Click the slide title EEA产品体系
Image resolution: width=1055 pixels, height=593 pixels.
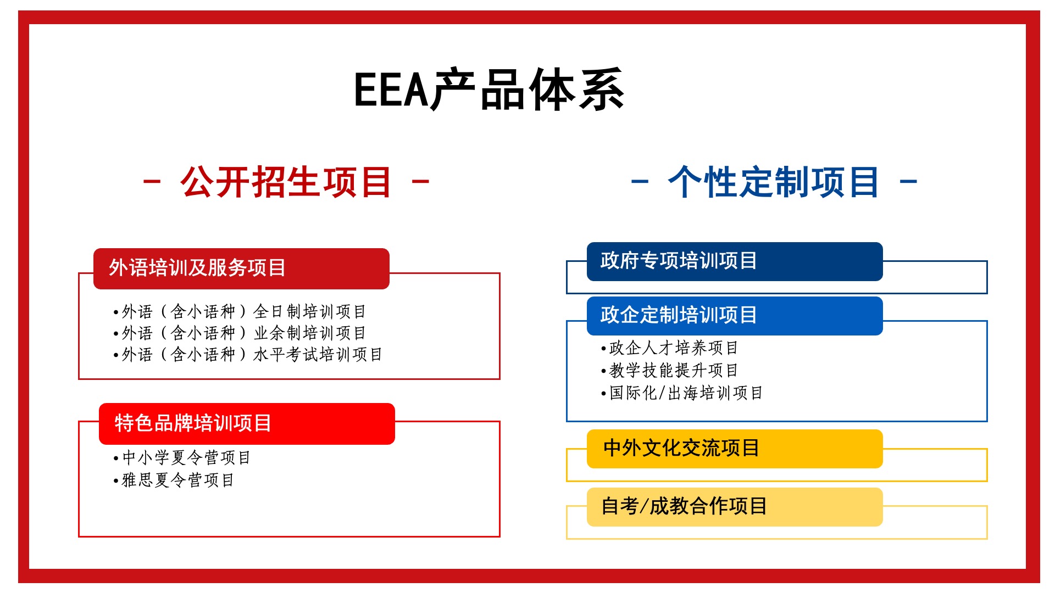point(489,89)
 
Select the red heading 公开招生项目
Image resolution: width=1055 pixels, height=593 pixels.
point(286,182)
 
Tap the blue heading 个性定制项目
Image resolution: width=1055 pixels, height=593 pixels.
point(774,182)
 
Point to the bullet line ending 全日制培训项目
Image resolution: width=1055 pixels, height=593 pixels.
point(240,312)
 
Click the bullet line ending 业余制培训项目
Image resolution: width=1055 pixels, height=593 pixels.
point(240,333)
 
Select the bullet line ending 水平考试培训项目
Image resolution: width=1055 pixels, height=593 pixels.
point(248,355)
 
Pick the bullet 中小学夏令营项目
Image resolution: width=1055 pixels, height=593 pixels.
point(182,457)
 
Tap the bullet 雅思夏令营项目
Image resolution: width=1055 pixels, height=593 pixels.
point(174,480)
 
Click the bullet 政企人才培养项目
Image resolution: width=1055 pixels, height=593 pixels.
point(669,348)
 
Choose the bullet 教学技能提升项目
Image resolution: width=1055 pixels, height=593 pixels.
point(669,371)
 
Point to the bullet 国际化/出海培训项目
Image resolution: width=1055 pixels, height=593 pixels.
point(682,393)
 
